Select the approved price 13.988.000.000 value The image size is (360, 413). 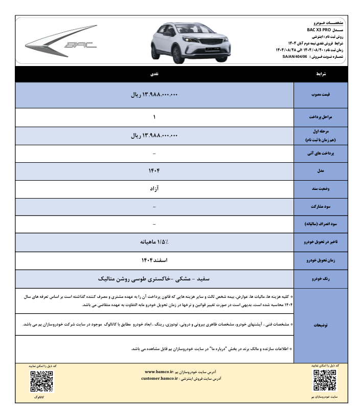(155, 95)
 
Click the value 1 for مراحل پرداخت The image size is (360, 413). (155, 117)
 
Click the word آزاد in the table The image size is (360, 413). (155, 188)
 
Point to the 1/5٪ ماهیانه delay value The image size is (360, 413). (155, 242)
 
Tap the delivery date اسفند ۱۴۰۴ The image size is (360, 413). (155, 260)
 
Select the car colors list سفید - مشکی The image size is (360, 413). (155, 279)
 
